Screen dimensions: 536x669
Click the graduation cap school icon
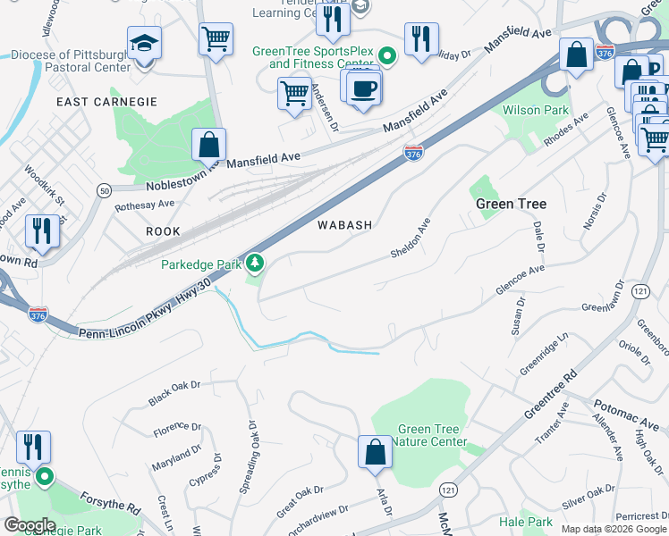(x=144, y=43)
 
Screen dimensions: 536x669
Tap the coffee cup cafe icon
(x=364, y=88)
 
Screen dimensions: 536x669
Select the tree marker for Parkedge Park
(x=257, y=264)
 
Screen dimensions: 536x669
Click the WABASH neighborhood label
(x=344, y=225)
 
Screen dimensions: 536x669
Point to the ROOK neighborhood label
(x=163, y=231)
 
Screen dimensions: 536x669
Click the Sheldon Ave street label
(x=411, y=239)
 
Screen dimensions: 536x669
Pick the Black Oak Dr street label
(x=174, y=391)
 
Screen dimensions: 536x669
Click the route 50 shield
(x=105, y=190)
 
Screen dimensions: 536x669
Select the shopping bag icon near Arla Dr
(x=376, y=452)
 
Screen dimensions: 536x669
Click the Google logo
(x=30, y=525)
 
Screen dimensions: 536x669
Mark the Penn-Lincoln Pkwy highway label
(x=145, y=306)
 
